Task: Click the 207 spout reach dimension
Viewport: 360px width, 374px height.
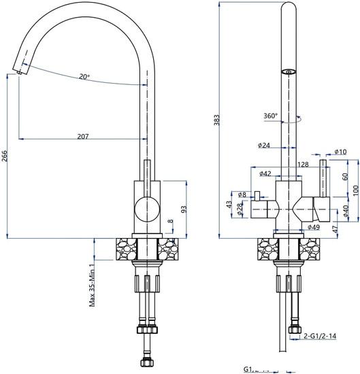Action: coord(82,137)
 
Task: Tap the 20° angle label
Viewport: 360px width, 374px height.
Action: coord(84,77)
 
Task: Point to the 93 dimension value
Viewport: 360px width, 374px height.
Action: coord(182,209)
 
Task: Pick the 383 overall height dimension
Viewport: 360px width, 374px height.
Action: coord(217,120)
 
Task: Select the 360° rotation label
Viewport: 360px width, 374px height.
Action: coord(270,116)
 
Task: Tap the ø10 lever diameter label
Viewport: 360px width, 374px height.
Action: coord(340,152)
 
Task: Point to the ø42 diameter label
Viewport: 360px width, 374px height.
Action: coord(265,174)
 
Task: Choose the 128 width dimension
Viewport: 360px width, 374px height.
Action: coord(303,165)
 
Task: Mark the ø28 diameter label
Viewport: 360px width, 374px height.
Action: coord(240,210)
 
